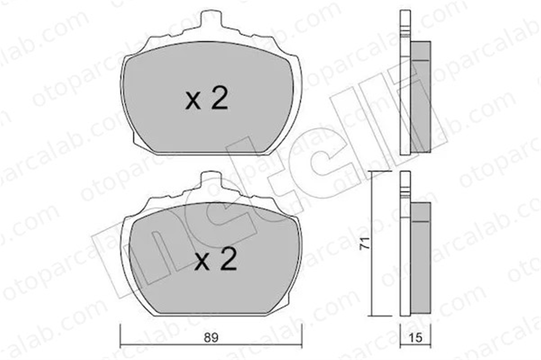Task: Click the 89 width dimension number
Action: (211, 337)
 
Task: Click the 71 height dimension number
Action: (364, 243)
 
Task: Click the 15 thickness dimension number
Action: (415, 337)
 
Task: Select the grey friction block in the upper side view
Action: (420, 97)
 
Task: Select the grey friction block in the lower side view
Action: (420, 258)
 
